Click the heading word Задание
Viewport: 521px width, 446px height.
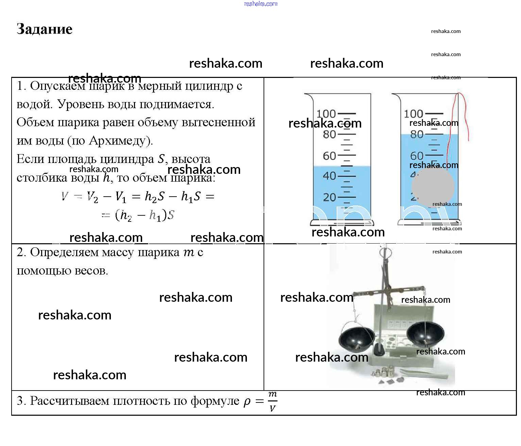(45, 29)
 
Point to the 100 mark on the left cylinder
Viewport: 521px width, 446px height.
(326, 114)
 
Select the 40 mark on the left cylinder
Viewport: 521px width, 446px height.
(329, 176)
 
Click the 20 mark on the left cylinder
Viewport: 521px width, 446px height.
(329, 197)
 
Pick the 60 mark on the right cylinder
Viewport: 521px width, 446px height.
(417, 156)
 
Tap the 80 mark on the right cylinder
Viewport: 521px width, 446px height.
(417, 134)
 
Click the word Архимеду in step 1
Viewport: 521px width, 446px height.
(120, 141)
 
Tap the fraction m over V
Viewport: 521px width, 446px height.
(272, 401)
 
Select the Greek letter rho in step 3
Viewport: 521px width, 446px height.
(247, 401)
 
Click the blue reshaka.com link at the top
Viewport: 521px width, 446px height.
(260, 4)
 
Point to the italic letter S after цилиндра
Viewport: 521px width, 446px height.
(161, 159)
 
